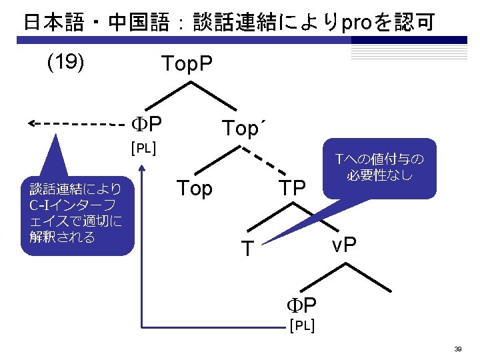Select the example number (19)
point(65,62)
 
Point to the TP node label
point(292,189)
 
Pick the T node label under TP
point(247,249)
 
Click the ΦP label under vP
point(301,306)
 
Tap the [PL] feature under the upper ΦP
point(143,147)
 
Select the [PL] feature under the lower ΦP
point(301,326)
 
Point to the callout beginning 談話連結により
point(77,212)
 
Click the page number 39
point(458,349)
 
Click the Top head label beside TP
point(194,189)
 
